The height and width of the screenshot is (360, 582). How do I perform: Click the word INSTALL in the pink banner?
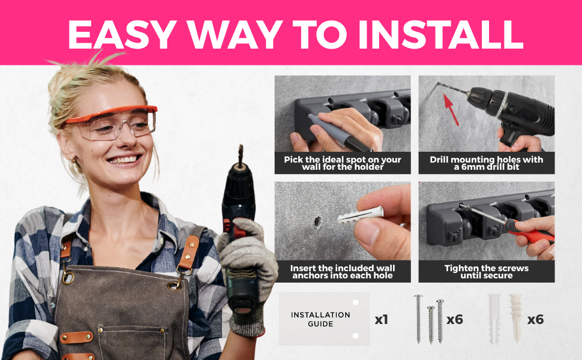(x=440, y=34)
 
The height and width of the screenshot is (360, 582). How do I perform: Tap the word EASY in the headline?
(x=122, y=34)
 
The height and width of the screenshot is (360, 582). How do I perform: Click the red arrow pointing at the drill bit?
(x=451, y=109)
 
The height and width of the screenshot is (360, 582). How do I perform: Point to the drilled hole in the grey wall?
(x=317, y=221)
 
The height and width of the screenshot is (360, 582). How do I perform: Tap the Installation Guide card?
(x=324, y=319)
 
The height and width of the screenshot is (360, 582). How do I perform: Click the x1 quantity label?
(x=381, y=320)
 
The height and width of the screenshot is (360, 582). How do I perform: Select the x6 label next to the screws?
(x=455, y=320)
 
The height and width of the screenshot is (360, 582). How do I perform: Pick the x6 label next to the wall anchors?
(x=535, y=320)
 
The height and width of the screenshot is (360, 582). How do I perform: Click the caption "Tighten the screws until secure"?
(x=486, y=272)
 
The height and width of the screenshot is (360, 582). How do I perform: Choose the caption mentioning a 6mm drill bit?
(x=486, y=163)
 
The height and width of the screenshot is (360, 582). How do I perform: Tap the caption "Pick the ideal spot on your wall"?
(x=342, y=163)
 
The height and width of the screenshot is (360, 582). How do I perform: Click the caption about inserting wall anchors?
(x=342, y=272)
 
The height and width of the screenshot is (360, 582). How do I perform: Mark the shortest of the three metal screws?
(x=431, y=325)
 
